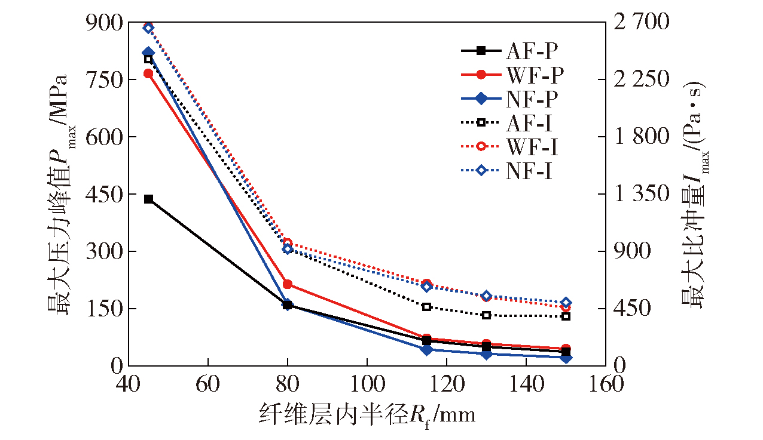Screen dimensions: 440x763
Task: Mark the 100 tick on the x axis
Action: tap(367, 383)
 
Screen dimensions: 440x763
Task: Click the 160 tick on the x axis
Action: tap(606, 383)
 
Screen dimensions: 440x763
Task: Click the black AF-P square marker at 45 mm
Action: tap(148, 199)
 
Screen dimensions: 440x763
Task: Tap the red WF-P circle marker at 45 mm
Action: tap(148, 73)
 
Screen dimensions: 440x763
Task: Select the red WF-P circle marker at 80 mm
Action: tap(288, 284)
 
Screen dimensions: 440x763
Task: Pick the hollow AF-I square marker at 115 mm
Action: tap(426, 307)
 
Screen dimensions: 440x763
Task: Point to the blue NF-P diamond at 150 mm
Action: tap(566, 358)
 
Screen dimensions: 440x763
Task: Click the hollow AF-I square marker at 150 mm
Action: tap(566, 316)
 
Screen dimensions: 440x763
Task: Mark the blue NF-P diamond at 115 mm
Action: tap(426, 349)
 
